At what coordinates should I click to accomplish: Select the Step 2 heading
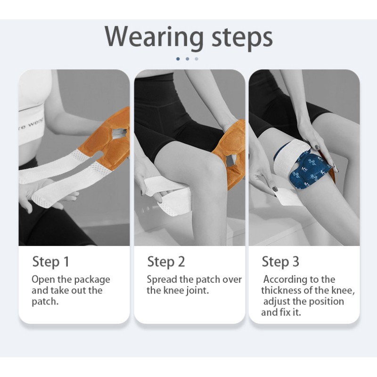[166, 262]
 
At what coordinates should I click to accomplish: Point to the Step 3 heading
[280, 262]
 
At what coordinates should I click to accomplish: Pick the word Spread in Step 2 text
[161, 279]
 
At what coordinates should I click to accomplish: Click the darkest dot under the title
[178, 59]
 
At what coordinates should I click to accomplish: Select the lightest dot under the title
[197, 59]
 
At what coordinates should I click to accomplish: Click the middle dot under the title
[187, 59]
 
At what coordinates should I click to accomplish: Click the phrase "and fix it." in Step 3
[281, 312]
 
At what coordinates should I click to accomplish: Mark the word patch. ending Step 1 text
[45, 301]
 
